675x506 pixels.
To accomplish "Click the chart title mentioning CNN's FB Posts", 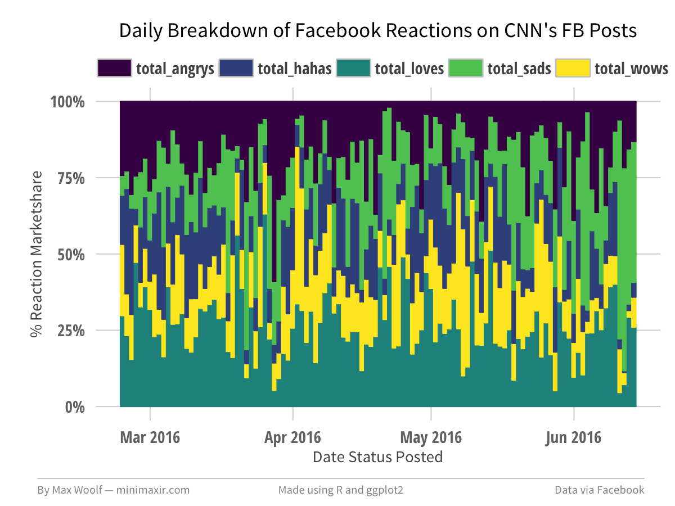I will [x=377, y=31].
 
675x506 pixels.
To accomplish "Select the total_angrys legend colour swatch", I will [x=114, y=68].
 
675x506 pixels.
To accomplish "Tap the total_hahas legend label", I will [x=294, y=69].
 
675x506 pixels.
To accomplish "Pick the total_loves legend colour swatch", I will [x=353, y=68].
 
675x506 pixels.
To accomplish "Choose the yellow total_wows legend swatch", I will [x=573, y=68].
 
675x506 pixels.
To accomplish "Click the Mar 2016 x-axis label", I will [x=150, y=437].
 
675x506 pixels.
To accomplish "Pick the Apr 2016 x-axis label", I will [x=292, y=437].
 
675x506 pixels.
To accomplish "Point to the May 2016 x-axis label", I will [x=431, y=437].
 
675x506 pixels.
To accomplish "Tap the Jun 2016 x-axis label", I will [x=574, y=437].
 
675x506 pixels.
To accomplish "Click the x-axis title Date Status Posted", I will [x=377, y=457].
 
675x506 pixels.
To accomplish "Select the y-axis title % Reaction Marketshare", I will [x=37, y=254].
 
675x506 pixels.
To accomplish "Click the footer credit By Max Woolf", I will [x=113, y=490].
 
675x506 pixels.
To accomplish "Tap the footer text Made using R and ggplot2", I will [x=341, y=490].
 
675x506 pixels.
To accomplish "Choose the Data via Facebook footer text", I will [x=599, y=490].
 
